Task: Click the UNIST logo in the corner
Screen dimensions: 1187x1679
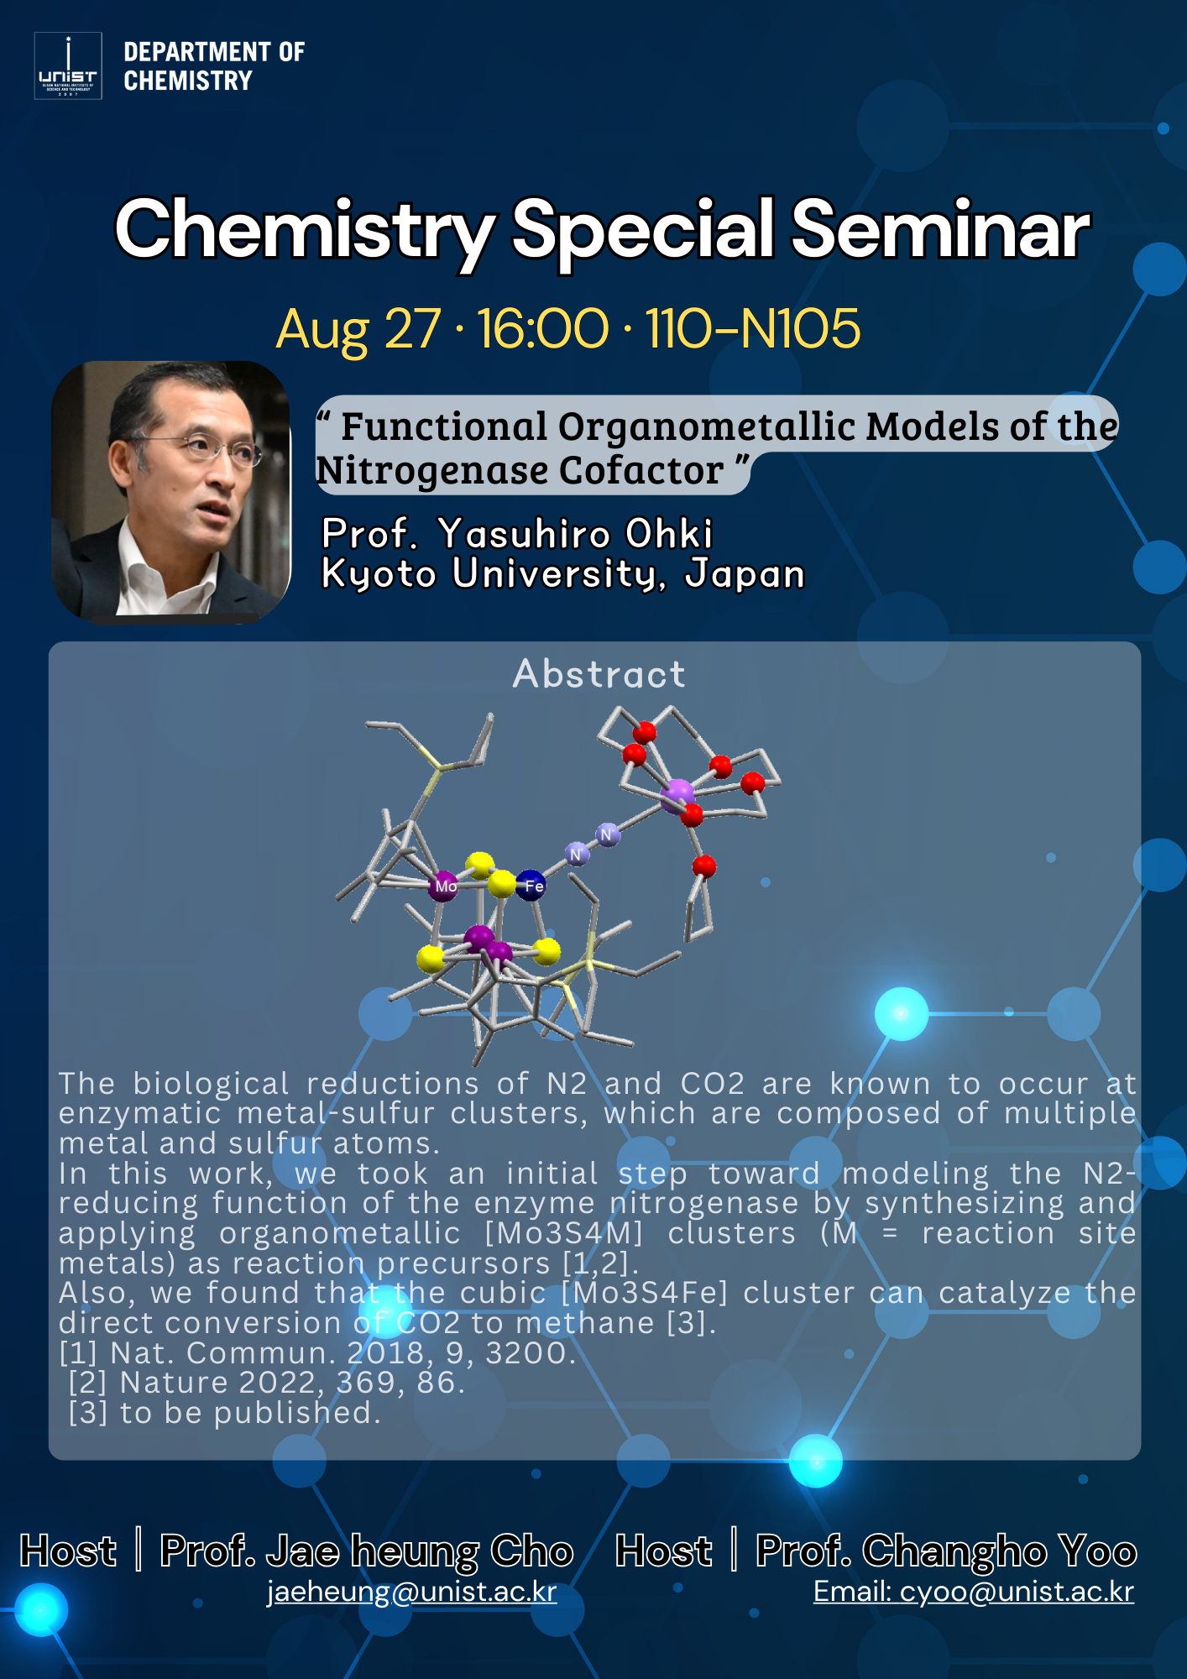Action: pyautogui.click(x=68, y=65)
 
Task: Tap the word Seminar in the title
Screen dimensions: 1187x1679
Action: pyautogui.click(x=940, y=229)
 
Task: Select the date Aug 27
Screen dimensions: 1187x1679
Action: pyautogui.click(x=358, y=329)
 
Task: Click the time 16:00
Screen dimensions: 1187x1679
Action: pyautogui.click(x=543, y=328)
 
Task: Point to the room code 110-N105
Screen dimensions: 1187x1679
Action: pyautogui.click(x=753, y=328)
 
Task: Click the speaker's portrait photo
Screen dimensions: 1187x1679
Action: pyautogui.click(x=171, y=493)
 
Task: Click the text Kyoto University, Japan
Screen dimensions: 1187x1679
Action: pyautogui.click(x=563, y=575)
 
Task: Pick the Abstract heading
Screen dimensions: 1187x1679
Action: pyautogui.click(x=599, y=674)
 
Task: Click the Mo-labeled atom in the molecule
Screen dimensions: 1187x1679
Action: pyautogui.click(x=443, y=886)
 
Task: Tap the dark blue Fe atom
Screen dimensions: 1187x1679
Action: pyautogui.click(x=531, y=885)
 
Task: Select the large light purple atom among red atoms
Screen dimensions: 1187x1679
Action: pyautogui.click(x=677, y=795)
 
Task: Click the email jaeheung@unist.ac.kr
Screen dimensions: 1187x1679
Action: pyautogui.click(x=411, y=1592)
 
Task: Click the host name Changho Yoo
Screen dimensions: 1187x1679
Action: pyautogui.click(x=1000, y=1551)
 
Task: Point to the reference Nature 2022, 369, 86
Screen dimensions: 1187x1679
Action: pyautogui.click(x=293, y=1383)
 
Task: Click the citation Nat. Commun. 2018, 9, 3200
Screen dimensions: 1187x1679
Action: pyautogui.click(x=343, y=1353)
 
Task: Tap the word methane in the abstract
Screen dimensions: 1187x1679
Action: pyautogui.click(x=585, y=1323)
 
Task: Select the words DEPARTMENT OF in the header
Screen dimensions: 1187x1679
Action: pyautogui.click(x=214, y=52)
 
